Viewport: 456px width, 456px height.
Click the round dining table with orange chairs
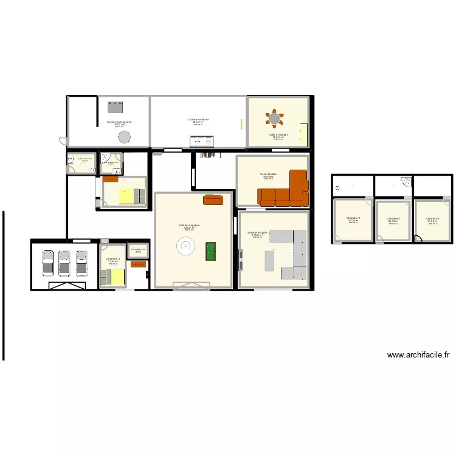click(x=275, y=118)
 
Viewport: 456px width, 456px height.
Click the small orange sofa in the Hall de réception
click(x=213, y=199)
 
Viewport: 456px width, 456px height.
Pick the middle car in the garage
click(x=65, y=262)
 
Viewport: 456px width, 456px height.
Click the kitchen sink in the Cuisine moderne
click(x=202, y=142)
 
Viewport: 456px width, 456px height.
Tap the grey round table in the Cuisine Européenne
click(x=124, y=136)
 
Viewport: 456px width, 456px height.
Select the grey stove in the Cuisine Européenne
click(x=114, y=107)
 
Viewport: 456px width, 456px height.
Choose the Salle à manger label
click(x=278, y=134)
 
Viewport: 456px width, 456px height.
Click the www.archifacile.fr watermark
click(x=418, y=355)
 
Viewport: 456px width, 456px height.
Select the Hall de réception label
click(x=189, y=225)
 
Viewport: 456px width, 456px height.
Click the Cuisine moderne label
click(x=198, y=119)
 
